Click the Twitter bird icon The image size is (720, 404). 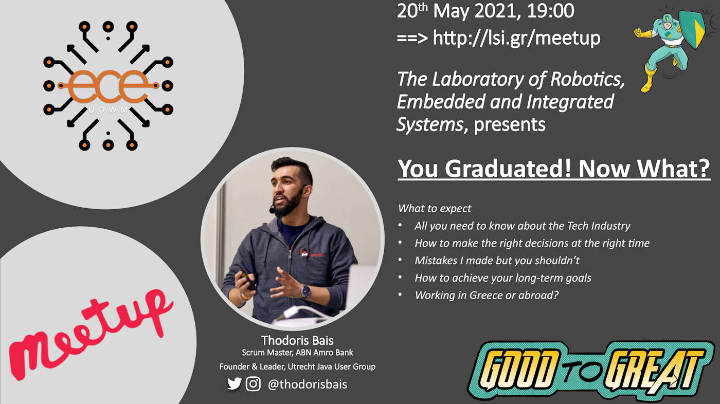[235, 384]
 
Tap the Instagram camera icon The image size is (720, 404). [253, 384]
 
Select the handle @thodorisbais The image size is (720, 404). [308, 384]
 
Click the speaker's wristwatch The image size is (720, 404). [305, 291]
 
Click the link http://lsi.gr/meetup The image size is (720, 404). [516, 39]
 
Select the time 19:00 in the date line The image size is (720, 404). [551, 11]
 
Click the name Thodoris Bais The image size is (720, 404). [297, 340]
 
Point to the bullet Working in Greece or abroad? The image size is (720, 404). [487, 295]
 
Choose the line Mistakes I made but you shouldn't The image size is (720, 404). [497, 261]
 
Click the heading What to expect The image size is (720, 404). [435, 209]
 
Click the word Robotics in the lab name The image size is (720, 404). [587, 79]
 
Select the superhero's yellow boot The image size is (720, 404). [647, 79]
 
